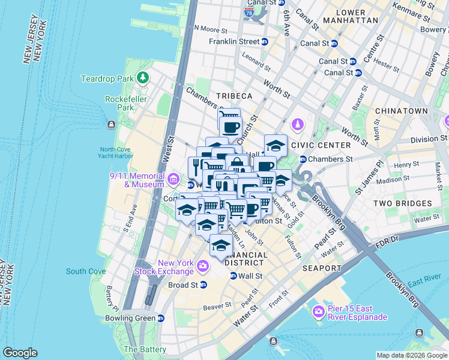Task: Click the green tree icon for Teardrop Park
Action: pos(143,77)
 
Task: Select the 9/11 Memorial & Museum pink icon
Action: pos(173,179)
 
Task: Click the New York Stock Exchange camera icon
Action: pos(203,265)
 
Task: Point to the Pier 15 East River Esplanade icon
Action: pos(319,310)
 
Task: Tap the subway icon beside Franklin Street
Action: pos(264,41)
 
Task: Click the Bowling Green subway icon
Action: pos(160,318)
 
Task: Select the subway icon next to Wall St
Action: pos(234,276)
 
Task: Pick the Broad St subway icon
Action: pos(203,285)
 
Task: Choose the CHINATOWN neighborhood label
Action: pos(401,111)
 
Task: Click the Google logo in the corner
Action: pos(20,352)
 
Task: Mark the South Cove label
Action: pos(86,271)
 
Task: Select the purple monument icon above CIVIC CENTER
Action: pos(297,125)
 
